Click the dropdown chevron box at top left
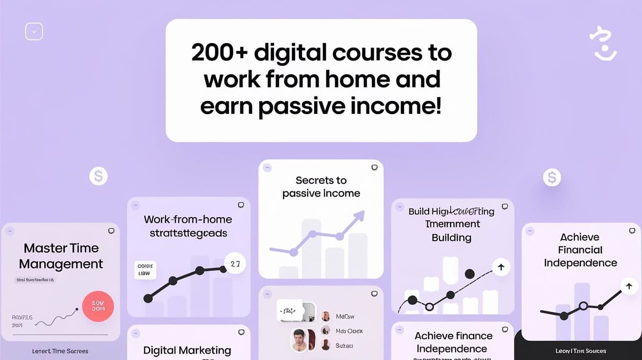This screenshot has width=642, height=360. click(34, 32)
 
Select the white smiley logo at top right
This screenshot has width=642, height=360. click(603, 44)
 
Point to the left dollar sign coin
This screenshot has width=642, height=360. click(98, 176)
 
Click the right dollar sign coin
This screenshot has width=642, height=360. click(552, 177)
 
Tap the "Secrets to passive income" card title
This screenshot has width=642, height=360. click(321, 187)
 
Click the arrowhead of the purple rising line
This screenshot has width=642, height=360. click(361, 214)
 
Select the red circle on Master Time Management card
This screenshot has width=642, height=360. click(98, 307)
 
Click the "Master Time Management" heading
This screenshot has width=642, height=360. click(61, 256)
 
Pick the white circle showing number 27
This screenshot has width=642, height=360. click(235, 264)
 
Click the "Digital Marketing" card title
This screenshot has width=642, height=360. click(187, 350)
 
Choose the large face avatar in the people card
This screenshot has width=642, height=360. click(299, 340)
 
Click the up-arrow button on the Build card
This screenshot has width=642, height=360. click(501, 267)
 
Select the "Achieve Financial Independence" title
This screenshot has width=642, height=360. click(580, 250)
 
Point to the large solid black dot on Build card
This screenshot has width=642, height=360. click(470, 274)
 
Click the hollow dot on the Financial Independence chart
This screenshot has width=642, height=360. click(583, 306)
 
